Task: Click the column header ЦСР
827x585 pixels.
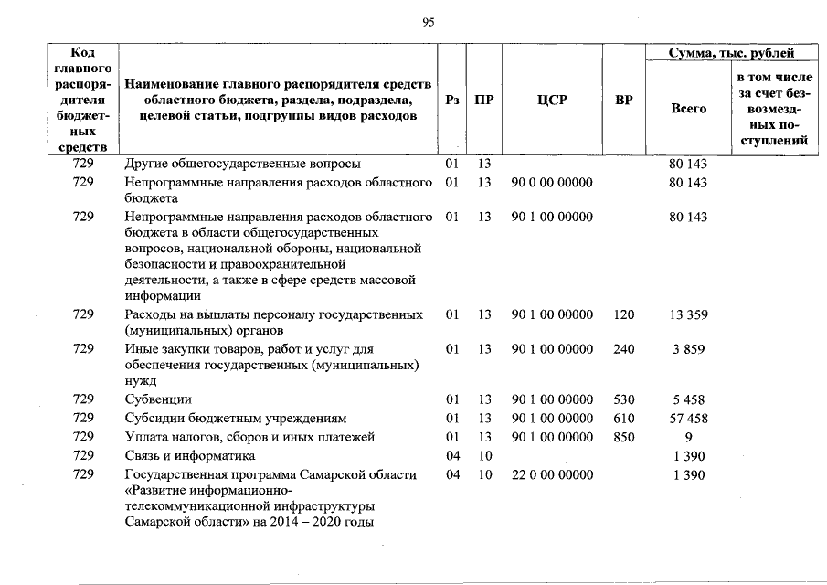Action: click(x=552, y=100)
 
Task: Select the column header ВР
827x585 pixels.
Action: click(x=624, y=100)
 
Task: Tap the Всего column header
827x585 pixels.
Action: click(x=688, y=109)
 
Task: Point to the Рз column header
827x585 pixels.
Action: click(x=451, y=100)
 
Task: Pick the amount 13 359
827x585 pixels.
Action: click(x=688, y=314)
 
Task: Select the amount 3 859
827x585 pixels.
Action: click(x=688, y=349)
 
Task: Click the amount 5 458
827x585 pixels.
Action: click(x=688, y=399)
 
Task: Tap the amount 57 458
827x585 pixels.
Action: click(x=688, y=419)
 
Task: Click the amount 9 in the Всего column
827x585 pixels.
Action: click(x=688, y=437)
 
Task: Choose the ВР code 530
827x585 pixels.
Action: click(x=624, y=399)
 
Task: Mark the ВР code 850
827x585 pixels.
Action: click(x=624, y=437)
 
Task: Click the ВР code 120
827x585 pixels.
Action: click(x=624, y=314)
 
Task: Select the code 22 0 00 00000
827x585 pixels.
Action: click(x=552, y=474)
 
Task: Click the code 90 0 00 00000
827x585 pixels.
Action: click(x=552, y=183)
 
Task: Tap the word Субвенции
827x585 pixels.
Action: click(x=158, y=399)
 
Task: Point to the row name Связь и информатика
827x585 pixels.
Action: click(x=190, y=455)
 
